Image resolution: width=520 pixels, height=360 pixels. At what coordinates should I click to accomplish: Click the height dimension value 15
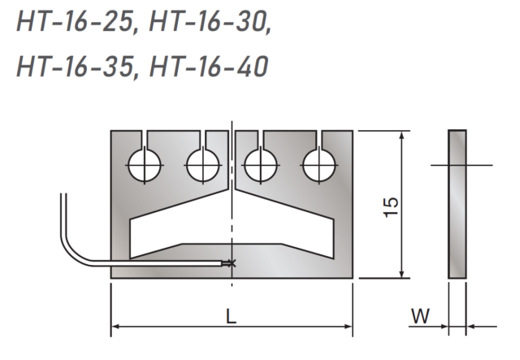tap(391, 206)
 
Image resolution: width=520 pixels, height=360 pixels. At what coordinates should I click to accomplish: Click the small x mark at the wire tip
tap(232, 262)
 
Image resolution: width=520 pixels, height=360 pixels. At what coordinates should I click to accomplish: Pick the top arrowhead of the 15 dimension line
tap(401, 136)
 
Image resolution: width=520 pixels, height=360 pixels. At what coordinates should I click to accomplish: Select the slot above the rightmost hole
tap(319, 139)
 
